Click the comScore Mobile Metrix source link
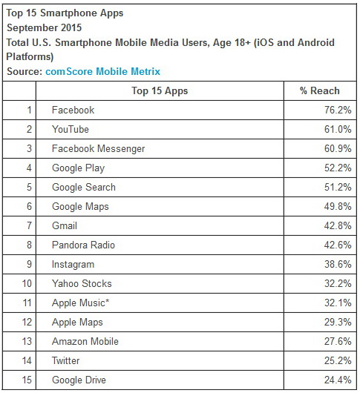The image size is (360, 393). tap(102, 72)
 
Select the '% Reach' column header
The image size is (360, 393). tap(320, 90)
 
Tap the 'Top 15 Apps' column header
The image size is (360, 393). tap(160, 91)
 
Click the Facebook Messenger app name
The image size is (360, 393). tap(98, 148)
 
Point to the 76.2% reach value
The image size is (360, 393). tap(338, 110)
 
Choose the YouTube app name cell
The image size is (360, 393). tap(71, 129)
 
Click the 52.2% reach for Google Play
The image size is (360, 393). tap(338, 168)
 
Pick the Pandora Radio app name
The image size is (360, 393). tap(83, 245)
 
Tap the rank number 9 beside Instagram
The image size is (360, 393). tap(30, 264)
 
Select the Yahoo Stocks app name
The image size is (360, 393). tap(82, 283)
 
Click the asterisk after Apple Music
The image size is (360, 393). tap(108, 300)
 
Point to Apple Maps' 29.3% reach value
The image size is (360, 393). tap(338, 322)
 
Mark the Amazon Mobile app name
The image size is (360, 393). tap(85, 341)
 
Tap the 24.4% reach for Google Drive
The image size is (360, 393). tap(338, 380)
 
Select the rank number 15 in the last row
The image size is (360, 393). tap(27, 380)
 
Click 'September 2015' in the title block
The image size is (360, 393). tap(44, 27)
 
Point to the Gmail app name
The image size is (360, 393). tap(65, 225)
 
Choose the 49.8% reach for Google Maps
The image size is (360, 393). tap(338, 207)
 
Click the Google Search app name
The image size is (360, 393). tap(84, 187)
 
